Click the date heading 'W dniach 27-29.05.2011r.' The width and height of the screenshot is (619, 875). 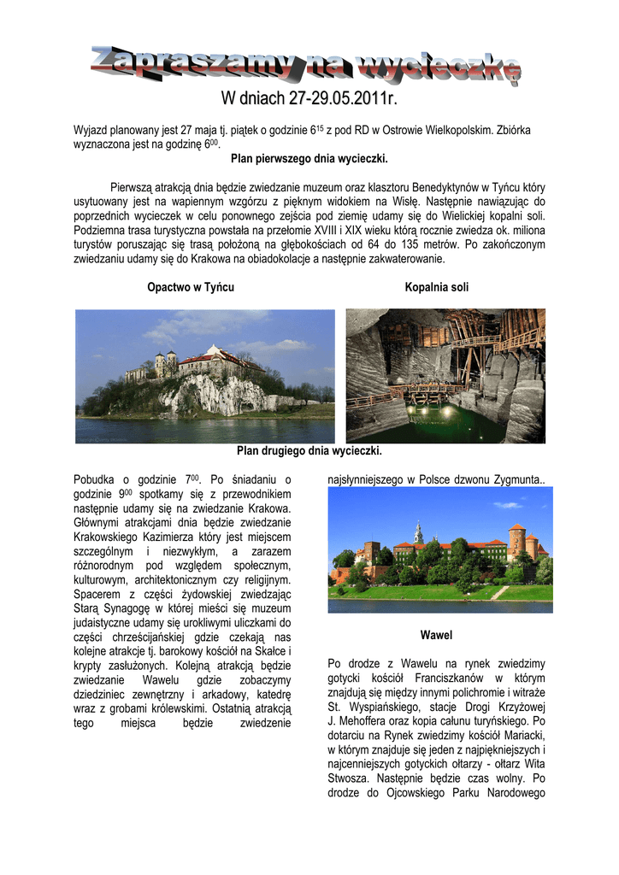(309, 101)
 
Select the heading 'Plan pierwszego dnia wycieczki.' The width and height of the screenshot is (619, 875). (309, 158)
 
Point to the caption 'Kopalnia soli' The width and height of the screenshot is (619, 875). (437, 287)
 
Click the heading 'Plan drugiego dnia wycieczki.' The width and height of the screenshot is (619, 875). (309, 450)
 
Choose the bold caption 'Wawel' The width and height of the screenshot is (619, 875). (436, 636)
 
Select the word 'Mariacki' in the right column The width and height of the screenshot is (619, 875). (523, 735)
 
